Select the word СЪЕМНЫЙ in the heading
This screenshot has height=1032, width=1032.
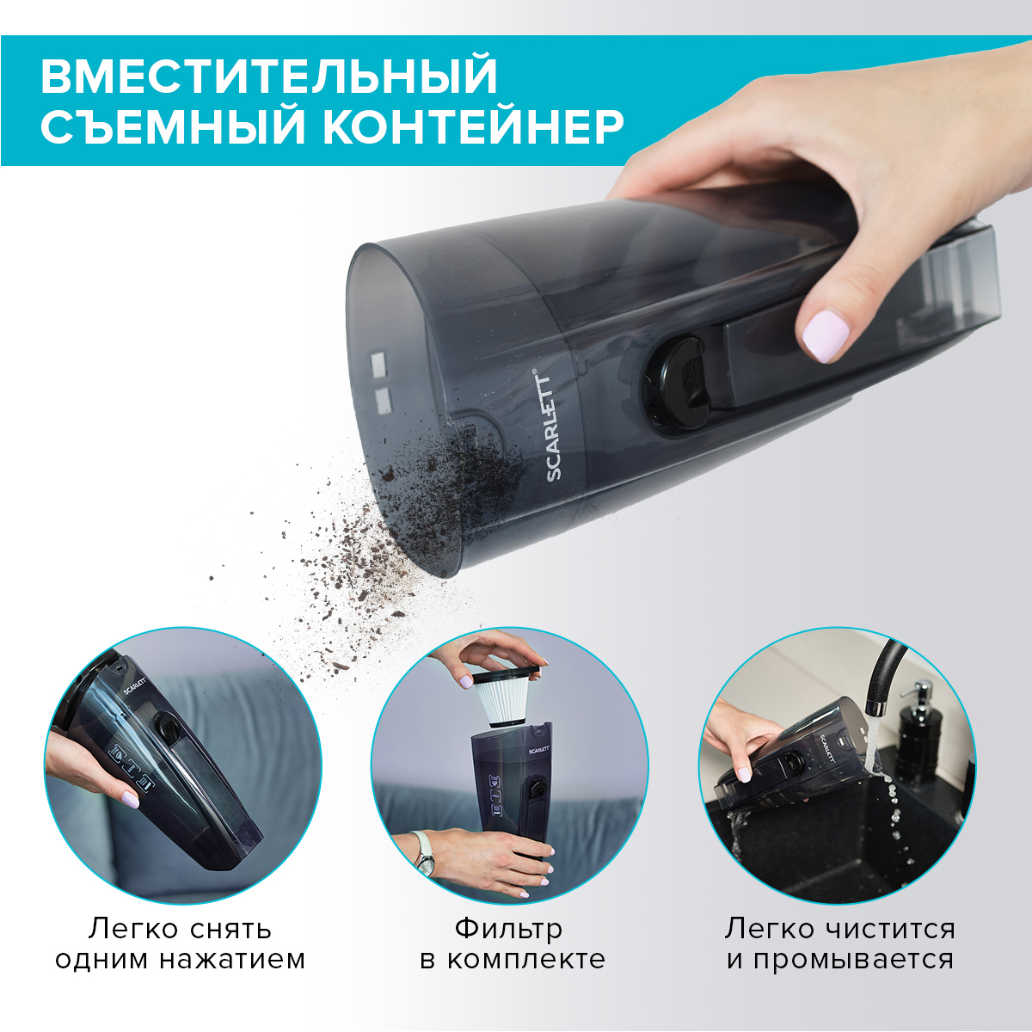click(173, 127)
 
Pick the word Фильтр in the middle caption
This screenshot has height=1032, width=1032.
click(508, 929)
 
